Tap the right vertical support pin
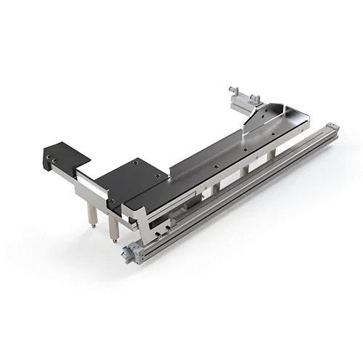[x=113, y=224]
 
